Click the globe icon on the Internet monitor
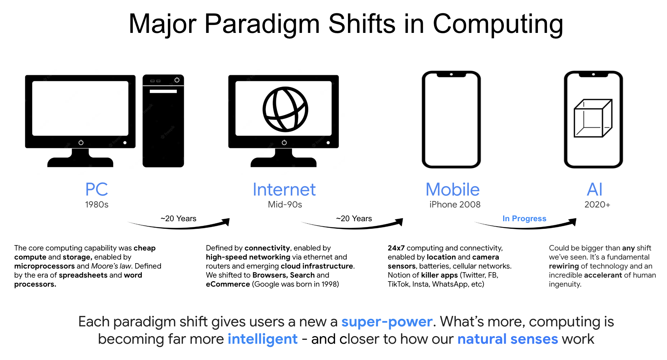[285, 109]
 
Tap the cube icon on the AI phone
[593, 118]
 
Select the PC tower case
[163, 121]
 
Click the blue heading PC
[97, 189]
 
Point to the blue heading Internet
[284, 189]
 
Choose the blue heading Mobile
[453, 189]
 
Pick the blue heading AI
[595, 189]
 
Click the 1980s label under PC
[97, 205]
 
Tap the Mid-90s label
[285, 205]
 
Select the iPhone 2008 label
[455, 205]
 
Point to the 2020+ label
[597, 205]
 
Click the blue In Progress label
[524, 218]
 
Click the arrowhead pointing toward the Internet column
[226, 221]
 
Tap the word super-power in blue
[387, 321]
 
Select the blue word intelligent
[263, 339]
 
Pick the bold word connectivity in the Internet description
[267, 248]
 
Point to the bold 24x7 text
[396, 248]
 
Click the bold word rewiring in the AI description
[564, 266]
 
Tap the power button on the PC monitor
[81, 142]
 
